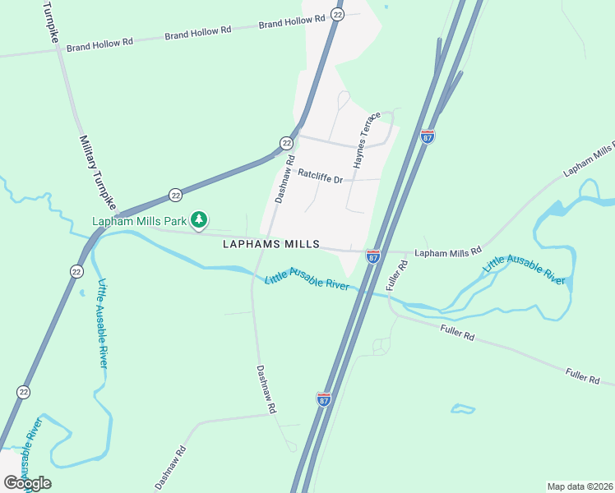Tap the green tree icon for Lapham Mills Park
tap(198, 219)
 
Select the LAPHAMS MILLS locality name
tap(268, 244)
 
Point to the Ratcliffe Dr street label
tap(320, 174)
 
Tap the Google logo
tap(27, 483)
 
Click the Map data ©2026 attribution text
tap(579, 486)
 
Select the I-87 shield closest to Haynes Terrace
tap(428, 136)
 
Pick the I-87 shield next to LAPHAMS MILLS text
tap(373, 257)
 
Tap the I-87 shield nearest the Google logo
tap(324, 399)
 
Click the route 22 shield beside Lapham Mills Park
tap(175, 195)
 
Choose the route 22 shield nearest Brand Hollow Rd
tap(338, 14)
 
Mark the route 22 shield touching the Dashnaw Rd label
tap(286, 143)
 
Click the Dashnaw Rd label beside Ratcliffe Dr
tap(284, 180)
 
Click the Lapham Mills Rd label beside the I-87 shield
tap(447, 253)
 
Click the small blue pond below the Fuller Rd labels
tap(463, 408)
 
